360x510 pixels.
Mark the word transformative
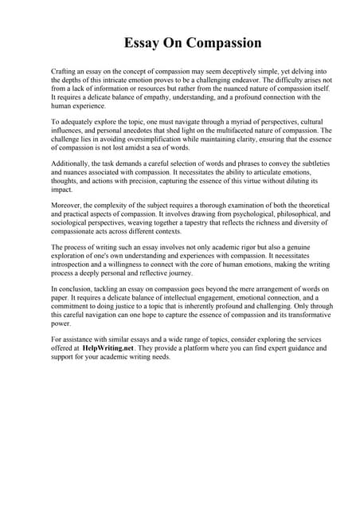point(288,316)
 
